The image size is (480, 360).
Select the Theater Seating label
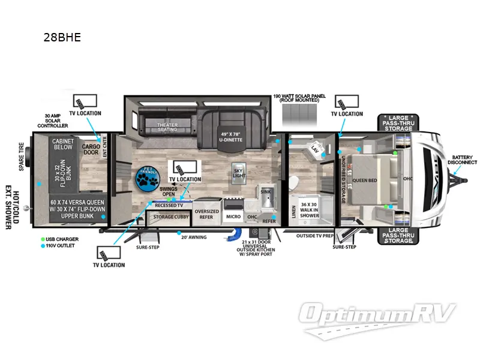coord(167,127)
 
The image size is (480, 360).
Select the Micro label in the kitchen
coord(233,217)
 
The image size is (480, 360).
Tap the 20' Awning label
coord(193,236)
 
